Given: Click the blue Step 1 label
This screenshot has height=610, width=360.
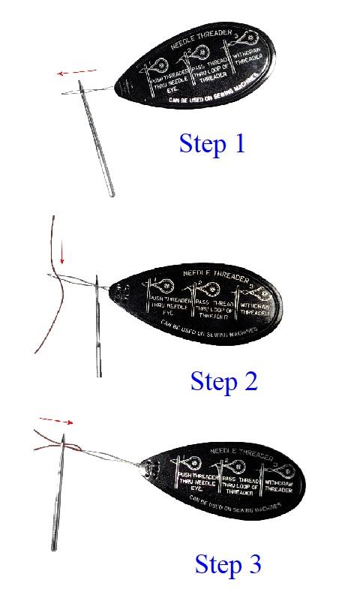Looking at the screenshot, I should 211,143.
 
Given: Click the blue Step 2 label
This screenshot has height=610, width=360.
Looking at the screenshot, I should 223,381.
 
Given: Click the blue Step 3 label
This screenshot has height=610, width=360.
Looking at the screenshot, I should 228,563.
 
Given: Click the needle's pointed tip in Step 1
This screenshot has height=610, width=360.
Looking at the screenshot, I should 112,194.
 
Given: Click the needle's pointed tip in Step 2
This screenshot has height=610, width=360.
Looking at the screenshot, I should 98,374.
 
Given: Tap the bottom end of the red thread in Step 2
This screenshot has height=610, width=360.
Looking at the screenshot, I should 36,352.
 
